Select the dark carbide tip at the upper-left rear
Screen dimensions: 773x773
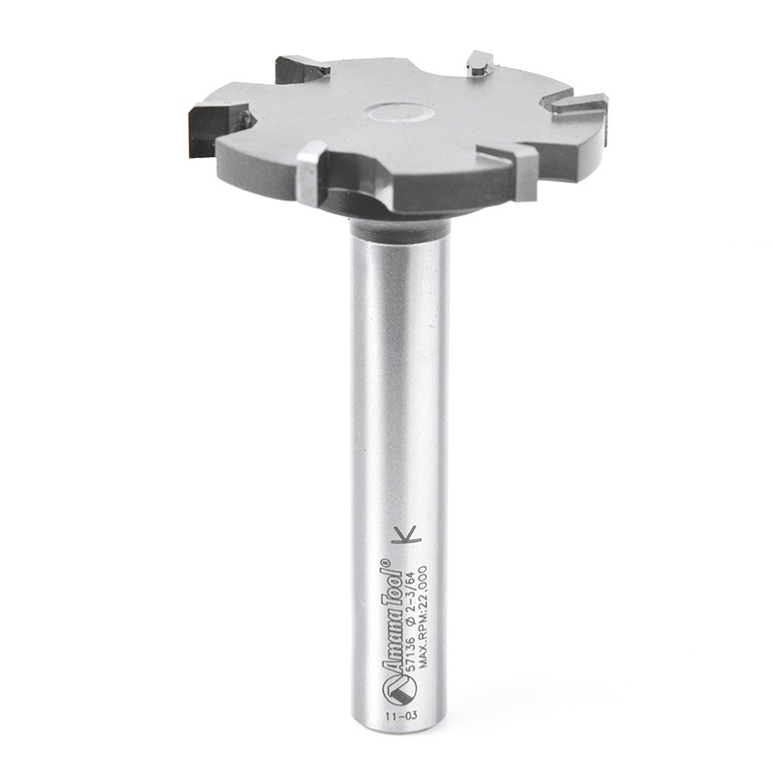tap(301, 69)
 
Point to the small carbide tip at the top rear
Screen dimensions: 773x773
tap(478, 63)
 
